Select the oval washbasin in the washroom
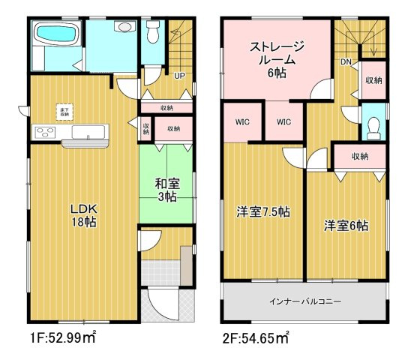click(x=123, y=26)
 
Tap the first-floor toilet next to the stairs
click(x=154, y=31)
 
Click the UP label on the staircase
click(x=180, y=76)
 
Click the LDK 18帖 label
click(x=83, y=214)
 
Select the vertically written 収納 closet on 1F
click(x=145, y=128)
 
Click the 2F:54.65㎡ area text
click(x=256, y=338)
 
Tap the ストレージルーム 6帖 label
click(x=277, y=59)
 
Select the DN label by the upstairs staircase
click(x=346, y=62)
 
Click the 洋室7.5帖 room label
click(x=264, y=212)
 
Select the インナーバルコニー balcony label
click(x=305, y=301)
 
